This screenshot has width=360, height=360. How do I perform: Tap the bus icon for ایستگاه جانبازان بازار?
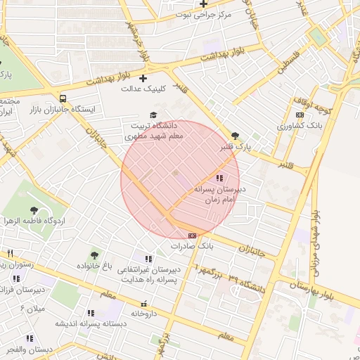(x=63, y=99)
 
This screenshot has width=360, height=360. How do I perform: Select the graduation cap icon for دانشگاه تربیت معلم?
(x=153, y=115)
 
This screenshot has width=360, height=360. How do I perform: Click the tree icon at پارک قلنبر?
(x=235, y=136)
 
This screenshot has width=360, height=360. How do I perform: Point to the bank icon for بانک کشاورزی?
(x=300, y=115)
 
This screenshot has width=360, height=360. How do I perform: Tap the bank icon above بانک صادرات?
(x=192, y=236)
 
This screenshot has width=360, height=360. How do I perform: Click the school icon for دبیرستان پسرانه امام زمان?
(x=220, y=179)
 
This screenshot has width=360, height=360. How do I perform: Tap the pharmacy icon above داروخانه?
(x=144, y=304)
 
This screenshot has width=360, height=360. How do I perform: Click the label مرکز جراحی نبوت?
(x=203, y=14)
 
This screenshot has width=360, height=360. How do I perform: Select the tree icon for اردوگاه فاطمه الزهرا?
(x=33, y=209)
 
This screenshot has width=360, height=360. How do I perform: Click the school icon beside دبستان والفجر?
(x=30, y=338)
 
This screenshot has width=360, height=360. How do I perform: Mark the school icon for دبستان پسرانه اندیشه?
(x=90, y=313)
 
